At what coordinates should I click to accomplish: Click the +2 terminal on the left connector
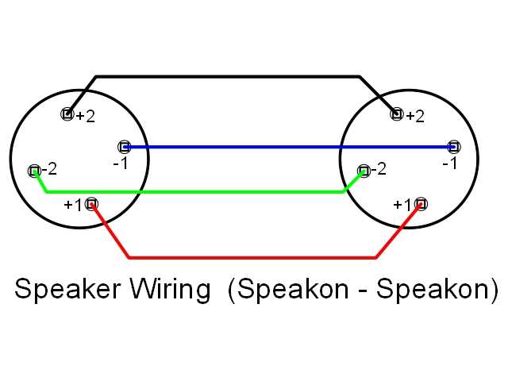67,114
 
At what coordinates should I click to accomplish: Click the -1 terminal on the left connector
124,147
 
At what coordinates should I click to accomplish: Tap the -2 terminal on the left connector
34,171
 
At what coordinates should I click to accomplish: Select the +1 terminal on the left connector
92,204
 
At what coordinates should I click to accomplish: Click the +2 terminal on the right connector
397,114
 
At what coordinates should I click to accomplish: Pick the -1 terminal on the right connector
453,147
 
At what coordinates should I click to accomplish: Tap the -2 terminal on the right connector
364,171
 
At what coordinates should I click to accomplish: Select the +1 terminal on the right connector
421,204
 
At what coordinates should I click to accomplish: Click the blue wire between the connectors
286,147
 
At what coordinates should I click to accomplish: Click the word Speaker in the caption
65,289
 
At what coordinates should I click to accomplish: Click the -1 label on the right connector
450,164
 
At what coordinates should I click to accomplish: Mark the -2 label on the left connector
48,169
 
